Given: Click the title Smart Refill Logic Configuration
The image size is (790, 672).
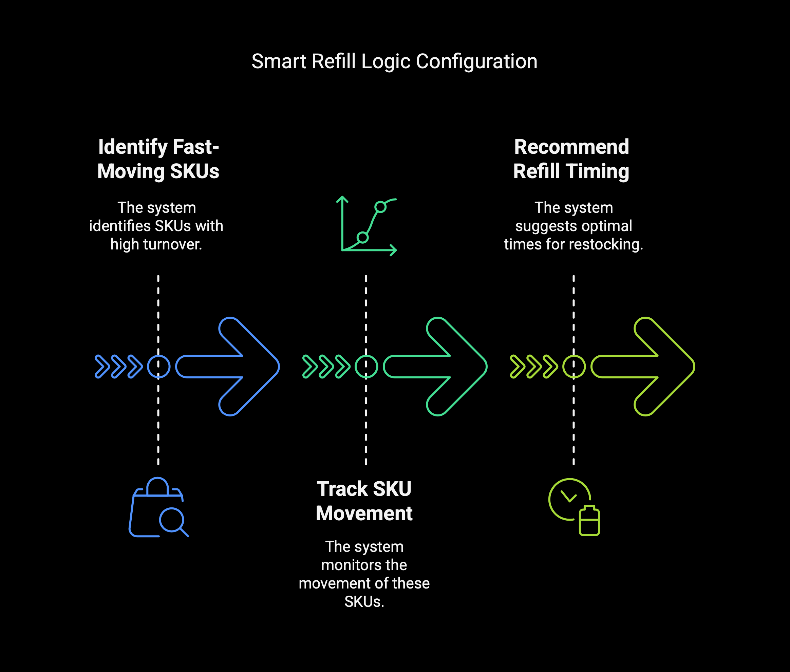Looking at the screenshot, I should pos(394,61).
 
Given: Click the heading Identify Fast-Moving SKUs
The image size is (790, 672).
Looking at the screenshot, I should pos(158,159).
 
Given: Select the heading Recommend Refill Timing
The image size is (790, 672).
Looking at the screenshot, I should pos(571,159).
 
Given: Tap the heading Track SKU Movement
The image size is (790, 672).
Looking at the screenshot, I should pos(364,501).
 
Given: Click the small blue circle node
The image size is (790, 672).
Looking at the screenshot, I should pos(158,367).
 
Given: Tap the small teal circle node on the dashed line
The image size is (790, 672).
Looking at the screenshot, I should pos(366,367).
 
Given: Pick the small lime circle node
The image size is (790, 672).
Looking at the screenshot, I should pos(573,367).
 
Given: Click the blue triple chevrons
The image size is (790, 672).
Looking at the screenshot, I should pos(118,367).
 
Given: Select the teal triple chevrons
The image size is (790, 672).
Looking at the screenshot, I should pos(326,367).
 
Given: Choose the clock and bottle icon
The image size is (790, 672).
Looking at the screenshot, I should pos(573,507).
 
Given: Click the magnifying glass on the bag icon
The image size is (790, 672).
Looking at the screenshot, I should pos(172,520).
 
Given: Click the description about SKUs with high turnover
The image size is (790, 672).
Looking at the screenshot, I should pos(156,226).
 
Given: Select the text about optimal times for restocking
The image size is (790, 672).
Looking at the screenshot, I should pos(573,226).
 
